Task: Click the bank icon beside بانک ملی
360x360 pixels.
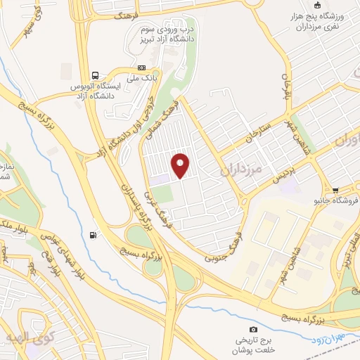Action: pyautogui.click(x=142, y=67)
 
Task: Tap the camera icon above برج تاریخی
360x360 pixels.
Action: pyautogui.click(x=253, y=329)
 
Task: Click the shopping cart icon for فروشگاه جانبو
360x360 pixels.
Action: pyautogui.click(x=336, y=190)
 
